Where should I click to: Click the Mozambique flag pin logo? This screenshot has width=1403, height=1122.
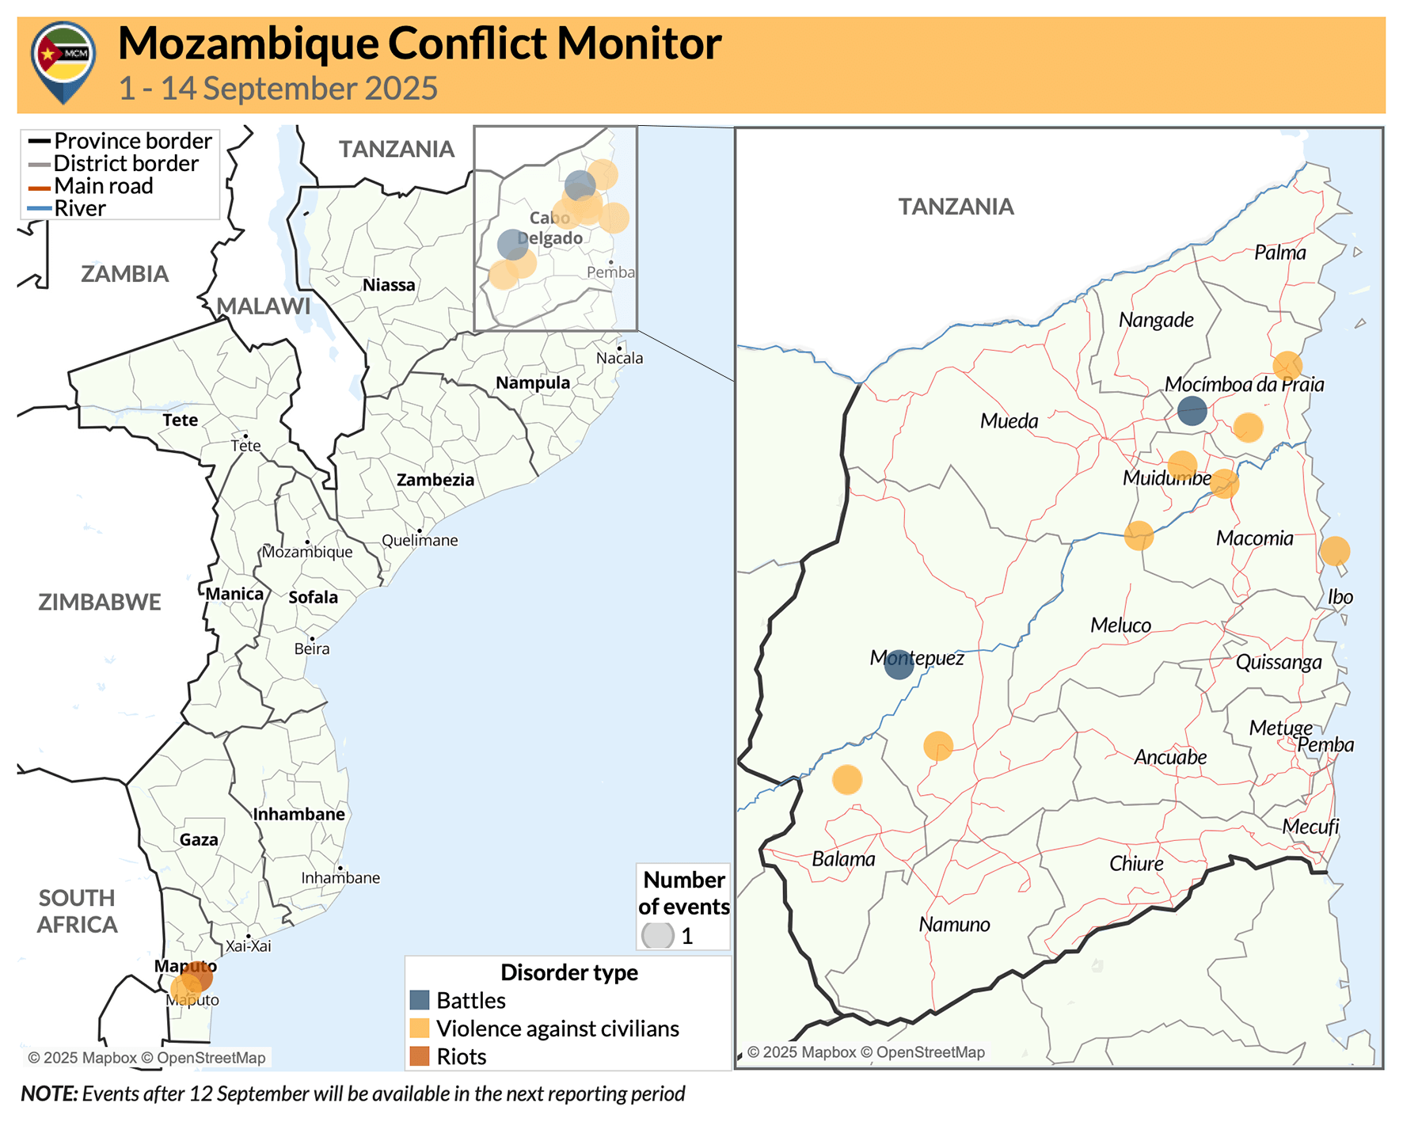click(x=63, y=60)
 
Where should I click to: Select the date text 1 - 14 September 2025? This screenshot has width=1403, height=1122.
click(x=278, y=89)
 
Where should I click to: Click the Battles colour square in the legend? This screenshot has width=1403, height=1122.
click(x=420, y=1000)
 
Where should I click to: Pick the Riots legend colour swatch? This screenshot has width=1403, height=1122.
click(x=420, y=1056)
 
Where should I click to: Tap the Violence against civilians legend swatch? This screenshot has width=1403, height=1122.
click(x=420, y=1028)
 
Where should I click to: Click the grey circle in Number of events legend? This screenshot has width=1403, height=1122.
click(x=657, y=935)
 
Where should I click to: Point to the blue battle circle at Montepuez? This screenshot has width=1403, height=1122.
click(x=899, y=664)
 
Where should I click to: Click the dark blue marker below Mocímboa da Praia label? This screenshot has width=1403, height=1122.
click(x=1192, y=411)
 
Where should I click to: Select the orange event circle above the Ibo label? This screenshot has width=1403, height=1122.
click(x=1334, y=551)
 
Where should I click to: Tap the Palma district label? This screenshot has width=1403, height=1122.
click(x=1279, y=253)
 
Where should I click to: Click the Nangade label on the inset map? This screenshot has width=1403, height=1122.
click(x=1156, y=320)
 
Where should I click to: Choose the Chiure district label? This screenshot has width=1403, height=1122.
click(x=1136, y=864)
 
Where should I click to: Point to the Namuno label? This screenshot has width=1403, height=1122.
click(x=954, y=924)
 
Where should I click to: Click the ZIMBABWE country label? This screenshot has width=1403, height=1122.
click(x=100, y=602)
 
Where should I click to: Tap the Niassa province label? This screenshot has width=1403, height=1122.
click(x=389, y=285)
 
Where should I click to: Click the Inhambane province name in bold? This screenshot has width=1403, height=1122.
click(x=298, y=814)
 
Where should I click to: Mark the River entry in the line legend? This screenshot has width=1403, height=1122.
click(x=79, y=208)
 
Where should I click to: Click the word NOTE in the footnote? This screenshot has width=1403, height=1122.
click(x=49, y=1093)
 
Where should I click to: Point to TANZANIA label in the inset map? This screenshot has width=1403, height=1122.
click(x=956, y=207)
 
